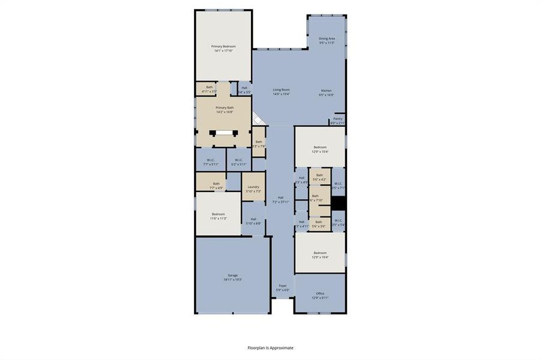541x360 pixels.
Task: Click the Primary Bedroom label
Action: point(223,48)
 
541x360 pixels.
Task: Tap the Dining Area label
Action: point(327,40)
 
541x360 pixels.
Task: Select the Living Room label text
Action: point(281,92)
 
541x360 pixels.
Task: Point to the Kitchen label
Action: point(326,92)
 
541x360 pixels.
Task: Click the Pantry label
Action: point(337,121)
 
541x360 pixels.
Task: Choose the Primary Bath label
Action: point(225,109)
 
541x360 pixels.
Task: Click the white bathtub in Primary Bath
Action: point(224,134)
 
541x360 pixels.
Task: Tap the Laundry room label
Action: point(253,188)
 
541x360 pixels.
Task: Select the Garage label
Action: point(232,277)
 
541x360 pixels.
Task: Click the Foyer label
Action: point(282,287)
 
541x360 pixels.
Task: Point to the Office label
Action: point(320,295)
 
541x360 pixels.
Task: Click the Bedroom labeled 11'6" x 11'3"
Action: point(218,216)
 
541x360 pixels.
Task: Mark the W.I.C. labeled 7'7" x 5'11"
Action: point(211,161)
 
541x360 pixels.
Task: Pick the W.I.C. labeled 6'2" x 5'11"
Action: point(238,161)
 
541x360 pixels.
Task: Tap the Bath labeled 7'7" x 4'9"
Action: point(216,185)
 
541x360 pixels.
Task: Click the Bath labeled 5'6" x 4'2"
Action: point(319,177)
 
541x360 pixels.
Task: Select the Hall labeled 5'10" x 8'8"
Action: point(253,221)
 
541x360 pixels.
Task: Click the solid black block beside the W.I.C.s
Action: point(339,204)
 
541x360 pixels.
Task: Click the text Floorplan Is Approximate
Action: point(271,347)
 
